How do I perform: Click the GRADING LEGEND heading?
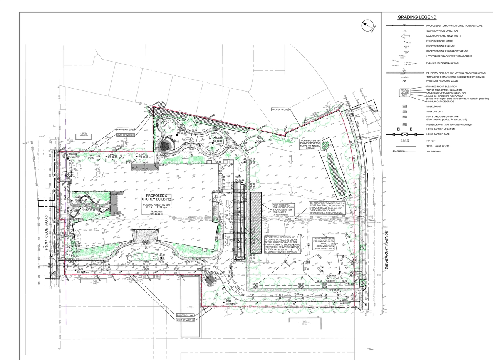[x=417, y=17]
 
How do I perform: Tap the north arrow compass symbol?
[x=368, y=26]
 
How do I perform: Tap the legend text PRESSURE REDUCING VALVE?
[x=442, y=81]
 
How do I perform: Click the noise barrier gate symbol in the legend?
[x=404, y=134]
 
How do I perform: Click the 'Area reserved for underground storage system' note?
[x=283, y=209]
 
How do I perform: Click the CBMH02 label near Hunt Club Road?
[x=73, y=154]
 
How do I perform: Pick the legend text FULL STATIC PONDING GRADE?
[x=443, y=63]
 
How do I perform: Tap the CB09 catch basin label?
[x=238, y=177]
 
